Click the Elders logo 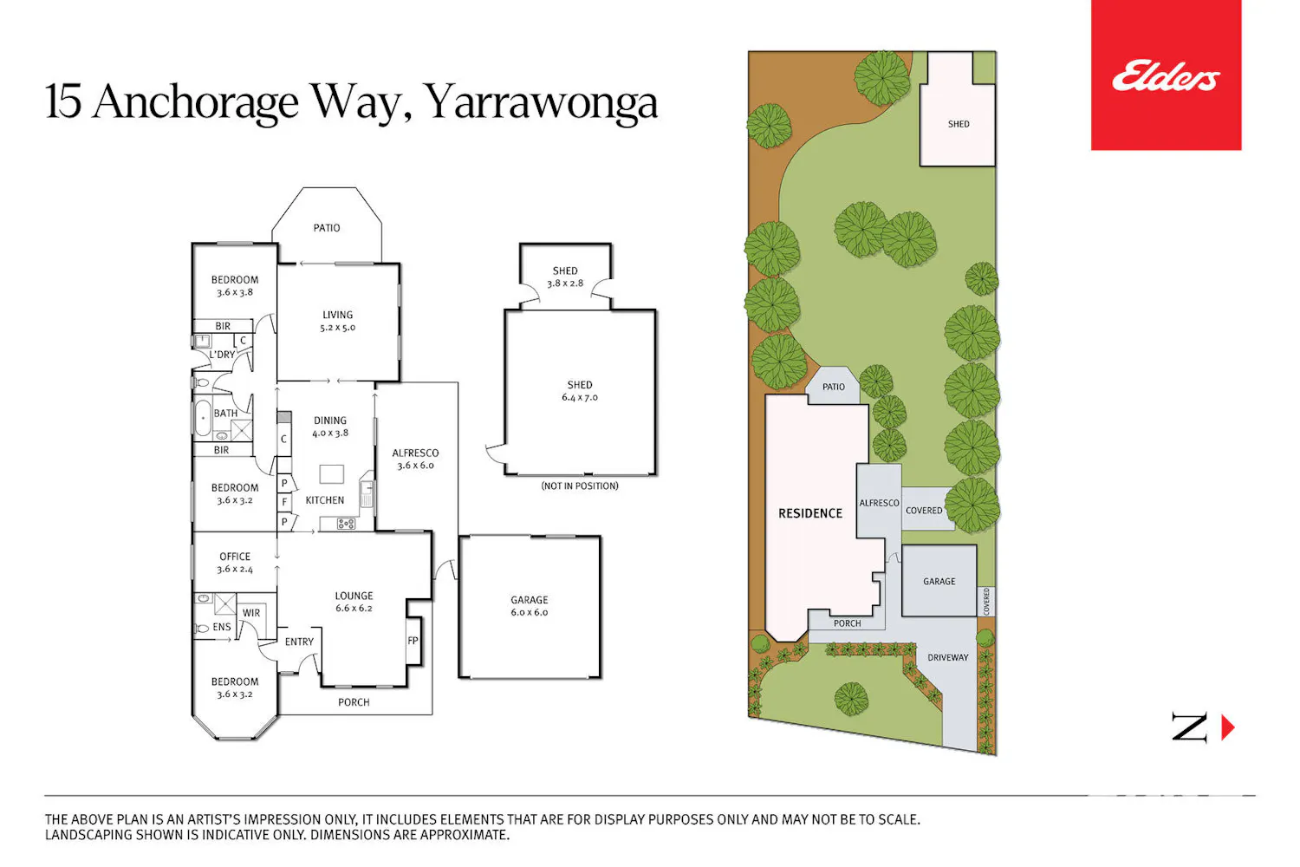[1166, 75]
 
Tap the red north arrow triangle [1228, 727]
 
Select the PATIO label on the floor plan [327, 228]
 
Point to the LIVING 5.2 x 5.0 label [338, 321]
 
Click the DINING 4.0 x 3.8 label [330, 427]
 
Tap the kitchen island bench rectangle [331, 474]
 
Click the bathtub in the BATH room [203, 417]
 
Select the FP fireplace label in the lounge [413, 641]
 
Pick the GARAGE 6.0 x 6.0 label [530, 606]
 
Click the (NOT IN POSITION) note [580, 486]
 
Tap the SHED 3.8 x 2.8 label [565, 277]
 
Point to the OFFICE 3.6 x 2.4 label [235, 562]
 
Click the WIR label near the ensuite [251, 613]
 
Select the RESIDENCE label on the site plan [810, 513]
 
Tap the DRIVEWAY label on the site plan [948, 657]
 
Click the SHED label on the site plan [959, 124]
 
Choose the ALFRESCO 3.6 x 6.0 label [415, 459]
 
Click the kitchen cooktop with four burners [346, 524]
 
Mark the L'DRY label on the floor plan [222, 355]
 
